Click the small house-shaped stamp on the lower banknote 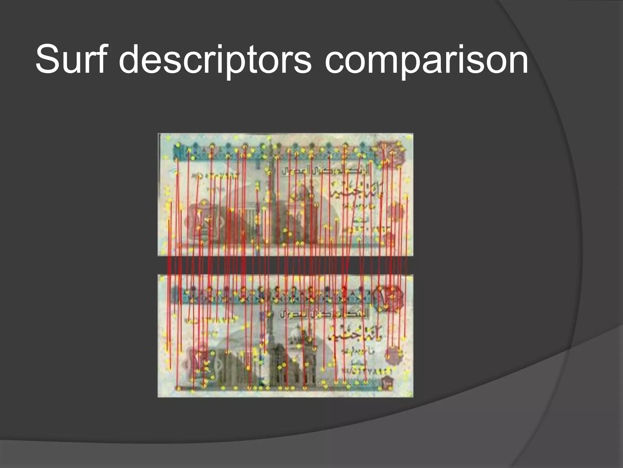387,381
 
